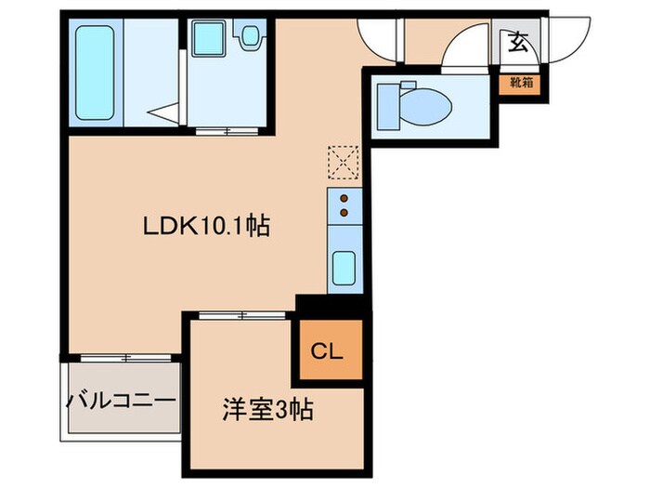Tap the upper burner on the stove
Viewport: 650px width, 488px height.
(x=344, y=197)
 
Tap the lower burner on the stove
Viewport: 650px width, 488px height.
(x=344, y=213)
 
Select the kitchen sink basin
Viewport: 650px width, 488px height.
(x=344, y=269)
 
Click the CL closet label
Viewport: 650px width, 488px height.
(x=328, y=351)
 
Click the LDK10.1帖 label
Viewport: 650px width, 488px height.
(x=206, y=226)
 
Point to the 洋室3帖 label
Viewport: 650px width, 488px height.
(x=266, y=410)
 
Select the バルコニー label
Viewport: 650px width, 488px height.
(x=121, y=402)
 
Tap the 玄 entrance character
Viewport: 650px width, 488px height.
(x=517, y=42)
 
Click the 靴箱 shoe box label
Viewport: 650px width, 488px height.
(x=517, y=82)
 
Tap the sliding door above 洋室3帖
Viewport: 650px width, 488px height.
(x=243, y=316)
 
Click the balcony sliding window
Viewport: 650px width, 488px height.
(x=124, y=358)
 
